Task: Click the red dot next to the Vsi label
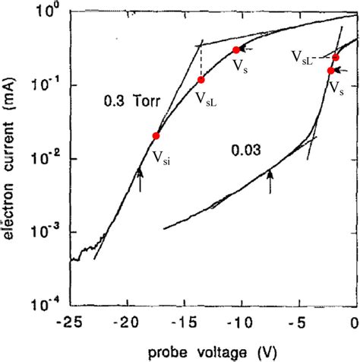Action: [156, 136]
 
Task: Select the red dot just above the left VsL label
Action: [201, 80]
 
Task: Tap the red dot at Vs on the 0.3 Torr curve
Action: [236, 50]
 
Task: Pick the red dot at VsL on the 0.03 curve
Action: [336, 58]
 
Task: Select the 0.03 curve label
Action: [246, 151]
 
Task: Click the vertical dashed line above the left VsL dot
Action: [201, 61]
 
